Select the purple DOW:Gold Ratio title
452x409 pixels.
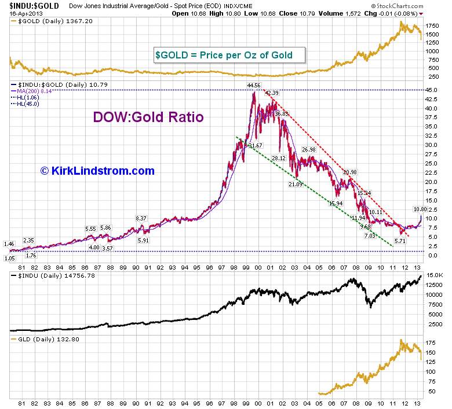[x=148, y=117]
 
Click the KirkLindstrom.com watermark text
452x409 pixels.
[x=97, y=171]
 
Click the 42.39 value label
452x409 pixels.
[x=272, y=93]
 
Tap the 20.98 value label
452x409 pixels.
[x=350, y=172]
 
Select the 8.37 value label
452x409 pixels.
[x=142, y=218]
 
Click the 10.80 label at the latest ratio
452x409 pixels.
[x=420, y=209]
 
